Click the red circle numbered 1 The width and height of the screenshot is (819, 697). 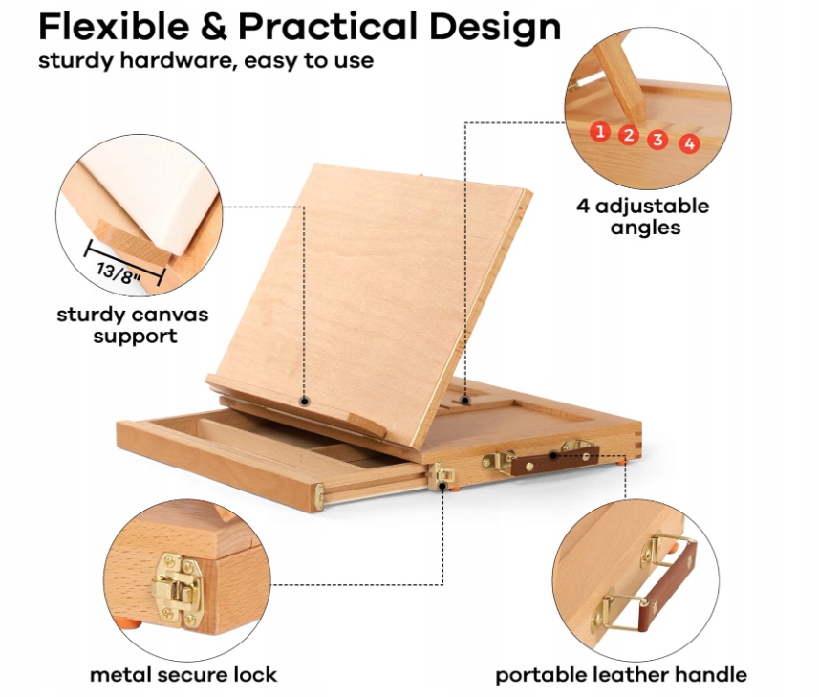click(600, 131)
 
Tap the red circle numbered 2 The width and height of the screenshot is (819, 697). click(628, 135)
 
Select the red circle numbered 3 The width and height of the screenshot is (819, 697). click(657, 140)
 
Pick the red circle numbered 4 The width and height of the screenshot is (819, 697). click(689, 144)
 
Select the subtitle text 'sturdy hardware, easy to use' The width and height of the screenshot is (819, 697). click(205, 61)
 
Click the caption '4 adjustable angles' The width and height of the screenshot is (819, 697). click(642, 216)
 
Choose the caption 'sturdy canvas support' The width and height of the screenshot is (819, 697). click(132, 325)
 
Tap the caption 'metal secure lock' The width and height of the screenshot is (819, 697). click(183, 674)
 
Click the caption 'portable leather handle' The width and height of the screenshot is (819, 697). click(620, 674)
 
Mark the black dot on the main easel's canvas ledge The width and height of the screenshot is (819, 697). click(305, 401)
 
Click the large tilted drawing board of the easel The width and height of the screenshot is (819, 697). click(373, 287)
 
